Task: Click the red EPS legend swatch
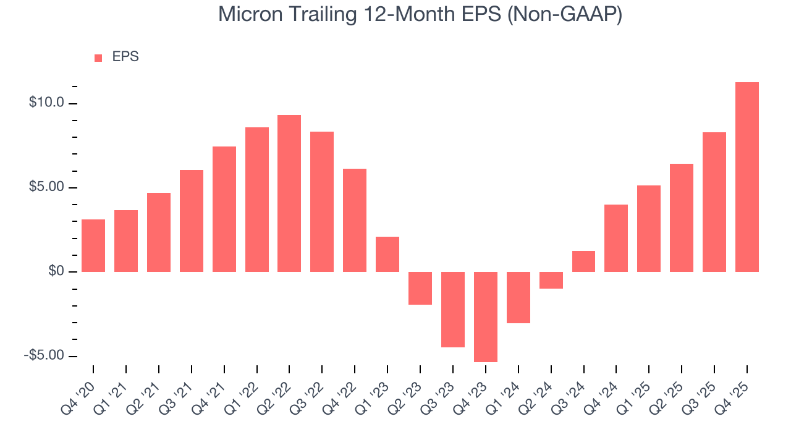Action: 98,57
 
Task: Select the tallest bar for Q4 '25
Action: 747,177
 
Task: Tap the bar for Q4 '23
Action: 485,316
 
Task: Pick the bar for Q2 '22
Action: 289,193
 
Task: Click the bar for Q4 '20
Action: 93,245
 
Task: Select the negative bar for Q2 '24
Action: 551,280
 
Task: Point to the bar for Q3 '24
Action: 583,261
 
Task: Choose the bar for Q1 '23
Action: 387,254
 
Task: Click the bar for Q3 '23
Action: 452,309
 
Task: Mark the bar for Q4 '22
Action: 355,220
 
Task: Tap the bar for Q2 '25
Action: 682,218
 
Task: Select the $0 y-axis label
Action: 56,271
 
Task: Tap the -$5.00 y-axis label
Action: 44,356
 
